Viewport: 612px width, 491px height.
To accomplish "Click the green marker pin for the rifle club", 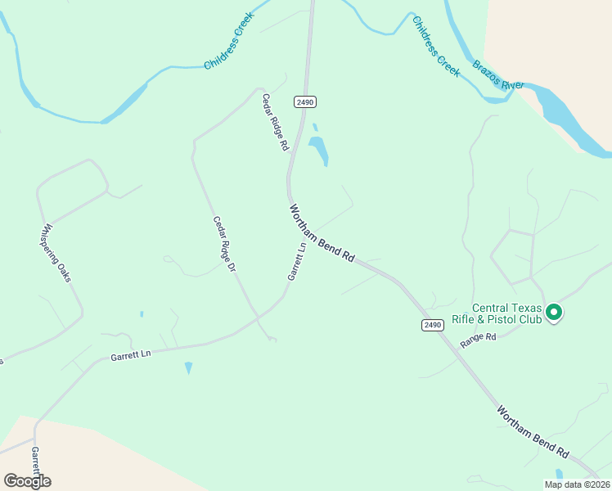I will (x=553, y=312).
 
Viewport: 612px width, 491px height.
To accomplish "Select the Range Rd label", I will (x=479, y=341).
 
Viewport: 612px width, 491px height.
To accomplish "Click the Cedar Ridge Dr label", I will (x=224, y=244).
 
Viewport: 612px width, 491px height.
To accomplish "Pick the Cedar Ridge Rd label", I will (x=276, y=122).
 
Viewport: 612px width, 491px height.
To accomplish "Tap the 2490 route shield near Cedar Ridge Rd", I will (x=305, y=101).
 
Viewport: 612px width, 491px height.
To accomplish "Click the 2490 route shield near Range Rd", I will (x=434, y=325).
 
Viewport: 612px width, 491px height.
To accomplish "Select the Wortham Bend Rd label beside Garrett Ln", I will (x=322, y=233).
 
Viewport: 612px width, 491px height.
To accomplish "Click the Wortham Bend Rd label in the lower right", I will (x=533, y=431).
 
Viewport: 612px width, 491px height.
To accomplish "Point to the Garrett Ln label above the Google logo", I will (x=36, y=460).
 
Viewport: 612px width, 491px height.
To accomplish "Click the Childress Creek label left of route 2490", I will (x=229, y=41).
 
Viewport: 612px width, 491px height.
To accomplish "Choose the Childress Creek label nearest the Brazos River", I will (x=436, y=47).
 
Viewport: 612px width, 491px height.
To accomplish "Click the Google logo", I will (x=27, y=480).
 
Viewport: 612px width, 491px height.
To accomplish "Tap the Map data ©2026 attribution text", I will (x=577, y=484).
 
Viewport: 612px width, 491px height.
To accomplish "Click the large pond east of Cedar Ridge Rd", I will (x=318, y=150).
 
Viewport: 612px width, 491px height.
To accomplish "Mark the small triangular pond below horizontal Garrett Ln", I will (x=189, y=367).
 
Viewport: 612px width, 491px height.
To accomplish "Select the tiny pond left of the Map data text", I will (x=559, y=475).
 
